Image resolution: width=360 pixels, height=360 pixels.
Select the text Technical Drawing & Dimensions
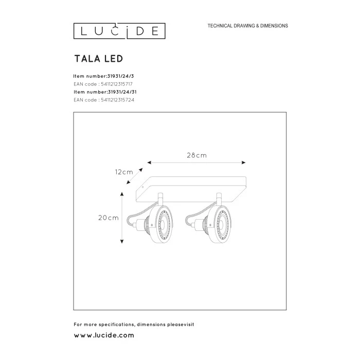(x=247, y=26)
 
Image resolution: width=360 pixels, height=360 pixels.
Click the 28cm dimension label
(x=197, y=154)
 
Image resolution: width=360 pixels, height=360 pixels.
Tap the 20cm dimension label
(x=109, y=218)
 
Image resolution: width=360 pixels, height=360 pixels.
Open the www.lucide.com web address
(x=104, y=335)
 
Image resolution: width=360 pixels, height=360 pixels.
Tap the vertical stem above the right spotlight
(x=220, y=198)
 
